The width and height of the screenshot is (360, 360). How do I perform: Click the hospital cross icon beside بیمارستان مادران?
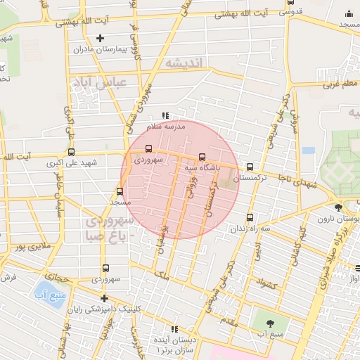point(100,38)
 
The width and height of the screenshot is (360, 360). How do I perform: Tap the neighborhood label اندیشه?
point(184,63)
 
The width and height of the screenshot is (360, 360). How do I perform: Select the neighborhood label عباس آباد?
point(99,82)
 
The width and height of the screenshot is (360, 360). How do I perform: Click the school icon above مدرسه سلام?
point(165,115)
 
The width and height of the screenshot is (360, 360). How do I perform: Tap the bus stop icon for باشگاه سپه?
point(202,157)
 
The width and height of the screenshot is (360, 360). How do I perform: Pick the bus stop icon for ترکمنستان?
point(250,167)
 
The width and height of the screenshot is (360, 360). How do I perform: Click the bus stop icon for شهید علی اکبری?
point(71,152)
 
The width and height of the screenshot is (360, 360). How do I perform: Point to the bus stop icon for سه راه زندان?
point(250,218)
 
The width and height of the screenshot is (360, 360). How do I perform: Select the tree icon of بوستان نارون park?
point(339,207)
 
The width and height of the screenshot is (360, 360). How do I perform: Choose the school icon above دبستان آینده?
point(174,329)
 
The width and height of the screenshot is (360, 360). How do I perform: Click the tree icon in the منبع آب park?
point(271,322)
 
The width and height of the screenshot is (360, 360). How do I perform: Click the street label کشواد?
point(268,284)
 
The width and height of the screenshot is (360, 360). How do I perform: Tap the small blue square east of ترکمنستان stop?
point(308,150)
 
